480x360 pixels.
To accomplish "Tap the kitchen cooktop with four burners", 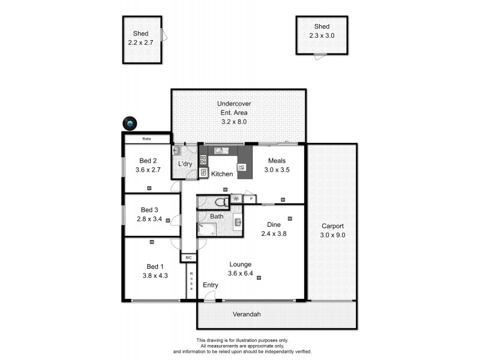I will [203, 160].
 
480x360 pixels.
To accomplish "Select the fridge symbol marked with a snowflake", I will [236, 199].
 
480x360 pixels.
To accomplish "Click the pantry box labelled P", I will [250, 199].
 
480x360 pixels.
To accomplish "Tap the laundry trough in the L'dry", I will [177, 151].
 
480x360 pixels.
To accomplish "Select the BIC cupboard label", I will [188, 257].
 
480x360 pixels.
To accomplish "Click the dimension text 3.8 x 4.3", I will [153, 276].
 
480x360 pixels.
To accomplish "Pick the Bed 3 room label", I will [149, 209].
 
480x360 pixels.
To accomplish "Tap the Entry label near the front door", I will [211, 284].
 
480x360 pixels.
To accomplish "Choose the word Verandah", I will [247, 314].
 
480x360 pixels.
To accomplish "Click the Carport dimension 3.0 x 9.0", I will [332, 235].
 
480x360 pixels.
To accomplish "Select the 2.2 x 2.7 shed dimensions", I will [142, 43].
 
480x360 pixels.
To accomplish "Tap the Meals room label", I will [277, 160].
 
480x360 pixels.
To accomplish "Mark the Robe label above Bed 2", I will [146, 139].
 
